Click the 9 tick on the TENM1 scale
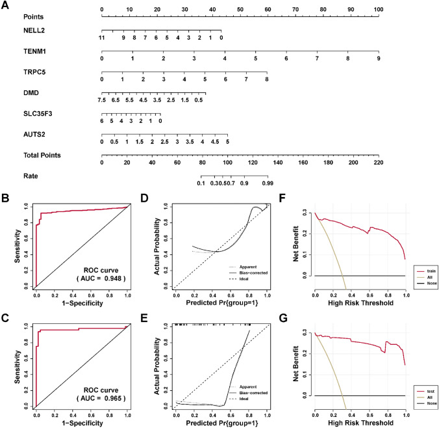(379, 59)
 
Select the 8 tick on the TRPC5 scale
(266, 80)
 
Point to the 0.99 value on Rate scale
(267, 184)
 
